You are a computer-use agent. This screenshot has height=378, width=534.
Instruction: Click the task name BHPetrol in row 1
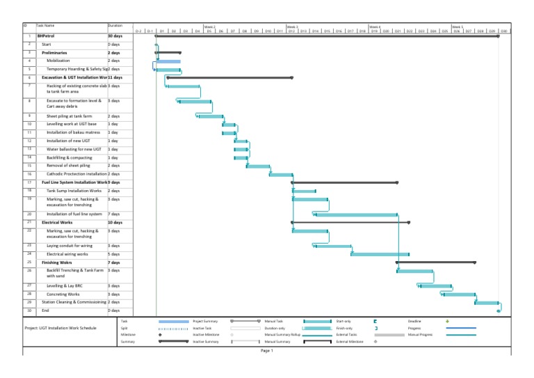[x=46, y=35]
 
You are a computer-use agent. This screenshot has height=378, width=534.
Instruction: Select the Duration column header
[x=115, y=26]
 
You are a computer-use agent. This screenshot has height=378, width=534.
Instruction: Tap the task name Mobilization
[x=62, y=61]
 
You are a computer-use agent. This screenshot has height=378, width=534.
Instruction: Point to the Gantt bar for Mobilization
[x=168, y=61]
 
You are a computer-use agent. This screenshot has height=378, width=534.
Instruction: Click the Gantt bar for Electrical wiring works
[x=380, y=254]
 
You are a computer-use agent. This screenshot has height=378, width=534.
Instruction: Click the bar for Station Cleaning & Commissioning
[x=487, y=303]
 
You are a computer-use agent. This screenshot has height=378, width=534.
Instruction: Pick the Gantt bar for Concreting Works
[x=459, y=294]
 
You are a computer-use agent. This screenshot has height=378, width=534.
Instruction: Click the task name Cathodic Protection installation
[x=76, y=174]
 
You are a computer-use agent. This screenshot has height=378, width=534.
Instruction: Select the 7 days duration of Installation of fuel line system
[x=114, y=214]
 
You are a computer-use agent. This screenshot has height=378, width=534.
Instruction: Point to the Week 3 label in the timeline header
[x=292, y=26]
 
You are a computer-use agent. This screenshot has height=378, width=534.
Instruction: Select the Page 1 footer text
[x=267, y=351]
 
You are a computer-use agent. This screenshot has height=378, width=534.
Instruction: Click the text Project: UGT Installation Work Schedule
[x=60, y=327]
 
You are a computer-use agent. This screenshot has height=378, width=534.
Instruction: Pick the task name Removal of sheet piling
[x=69, y=166]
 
